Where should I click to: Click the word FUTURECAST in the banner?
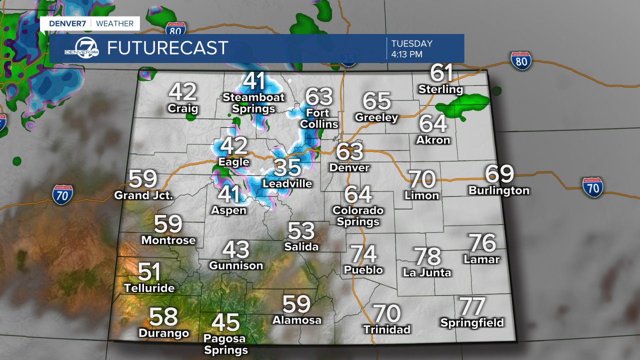click(x=167, y=48)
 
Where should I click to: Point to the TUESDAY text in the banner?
click(x=411, y=43)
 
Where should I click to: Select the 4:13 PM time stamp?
click(x=407, y=54)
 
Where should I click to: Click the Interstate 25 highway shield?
click(x=349, y=59)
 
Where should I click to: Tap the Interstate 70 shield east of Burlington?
click(x=592, y=187)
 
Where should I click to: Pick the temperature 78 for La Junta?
click(x=428, y=256)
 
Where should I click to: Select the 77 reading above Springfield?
click(x=472, y=306)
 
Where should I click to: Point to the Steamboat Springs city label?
click(x=253, y=103)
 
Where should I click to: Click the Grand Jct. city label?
click(x=143, y=195)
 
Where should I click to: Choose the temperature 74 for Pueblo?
click(x=363, y=254)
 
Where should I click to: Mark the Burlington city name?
click(x=498, y=190)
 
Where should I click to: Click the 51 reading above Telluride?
click(x=149, y=272)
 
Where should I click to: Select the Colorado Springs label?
click(x=357, y=216)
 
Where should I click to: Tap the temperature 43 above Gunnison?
click(x=235, y=249)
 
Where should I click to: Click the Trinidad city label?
click(x=387, y=329)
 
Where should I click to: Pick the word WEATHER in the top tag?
click(x=114, y=23)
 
